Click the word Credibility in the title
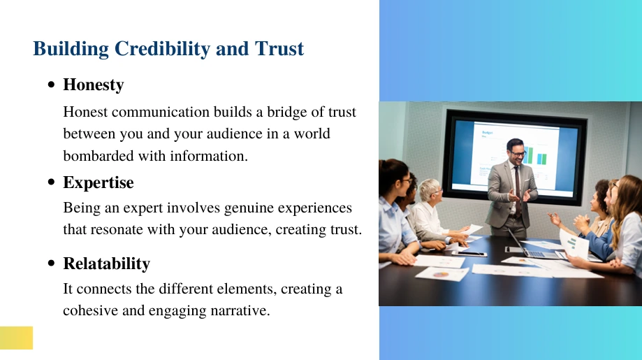[162, 49]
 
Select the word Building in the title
[71, 49]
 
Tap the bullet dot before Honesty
[51, 85]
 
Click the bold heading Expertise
[99, 182]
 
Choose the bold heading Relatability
[106, 264]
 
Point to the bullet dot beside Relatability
[51, 263]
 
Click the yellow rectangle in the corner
[16, 338]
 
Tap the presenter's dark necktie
[518, 190]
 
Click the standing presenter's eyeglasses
[517, 153]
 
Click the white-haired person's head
[430, 190]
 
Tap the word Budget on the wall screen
[487, 132]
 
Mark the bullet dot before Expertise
[51, 182]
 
